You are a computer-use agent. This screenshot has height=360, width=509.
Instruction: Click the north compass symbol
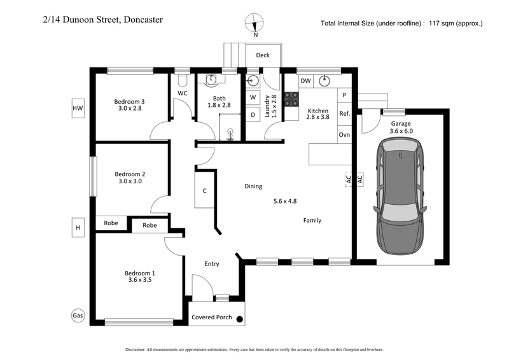tap(256, 22)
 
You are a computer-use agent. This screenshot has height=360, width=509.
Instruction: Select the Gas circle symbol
tap(78, 315)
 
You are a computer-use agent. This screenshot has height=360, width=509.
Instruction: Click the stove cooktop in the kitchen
tap(292, 99)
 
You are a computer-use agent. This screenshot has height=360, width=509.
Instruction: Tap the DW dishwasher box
tap(305, 81)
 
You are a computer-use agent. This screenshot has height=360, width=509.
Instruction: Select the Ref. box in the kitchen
tap(344, 114)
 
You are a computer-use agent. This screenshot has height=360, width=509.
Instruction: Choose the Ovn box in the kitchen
tap(344, 134)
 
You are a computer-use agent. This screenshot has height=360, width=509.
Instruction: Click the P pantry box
tap(344, 95)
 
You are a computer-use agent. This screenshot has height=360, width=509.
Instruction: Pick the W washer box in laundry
tap(252, 97)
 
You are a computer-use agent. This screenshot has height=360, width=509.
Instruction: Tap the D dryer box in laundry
tap(252, 115)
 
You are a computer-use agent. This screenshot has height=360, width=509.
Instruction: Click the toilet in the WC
tap(183, 80)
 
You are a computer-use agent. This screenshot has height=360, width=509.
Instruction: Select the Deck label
tap(263, 55)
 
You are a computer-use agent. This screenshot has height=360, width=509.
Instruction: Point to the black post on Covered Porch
tap(240, 319)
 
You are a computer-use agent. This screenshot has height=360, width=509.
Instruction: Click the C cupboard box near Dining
tap(204, 191)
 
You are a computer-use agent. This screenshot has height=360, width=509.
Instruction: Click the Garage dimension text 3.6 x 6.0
tap(401, 131)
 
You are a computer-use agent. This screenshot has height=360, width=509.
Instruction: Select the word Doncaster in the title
tap(142, 20)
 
